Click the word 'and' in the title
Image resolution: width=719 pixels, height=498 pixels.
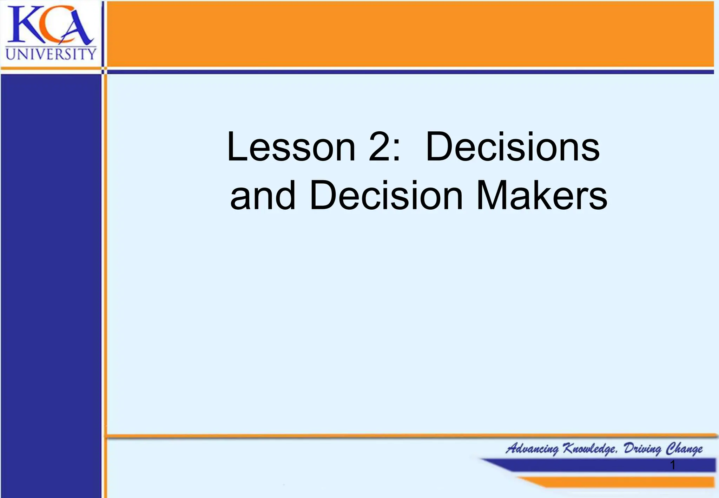(263, 196)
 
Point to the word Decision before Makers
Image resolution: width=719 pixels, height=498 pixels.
(386, 196)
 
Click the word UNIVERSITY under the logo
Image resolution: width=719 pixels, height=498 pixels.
(51, 54)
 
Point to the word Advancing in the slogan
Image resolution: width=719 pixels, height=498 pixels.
(532, 449)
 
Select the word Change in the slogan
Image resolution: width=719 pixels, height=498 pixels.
(685, 449)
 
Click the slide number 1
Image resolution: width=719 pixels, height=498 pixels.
(672, 465)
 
